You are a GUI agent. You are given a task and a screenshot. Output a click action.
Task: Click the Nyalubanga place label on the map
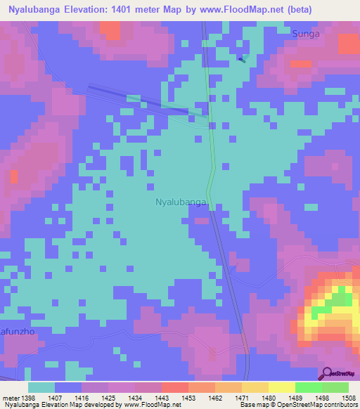point(181,202)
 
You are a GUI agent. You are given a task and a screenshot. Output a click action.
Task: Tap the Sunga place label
point(306,33)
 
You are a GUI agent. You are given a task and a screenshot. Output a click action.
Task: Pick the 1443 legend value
point(162,398)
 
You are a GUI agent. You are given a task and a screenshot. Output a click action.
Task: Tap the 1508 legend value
point(349,398)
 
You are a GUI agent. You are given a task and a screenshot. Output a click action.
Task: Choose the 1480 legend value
point(269,398)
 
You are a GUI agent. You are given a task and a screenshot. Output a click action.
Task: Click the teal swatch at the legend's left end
point(41,387)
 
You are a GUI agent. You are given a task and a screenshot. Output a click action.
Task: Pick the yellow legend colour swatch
point(281,387)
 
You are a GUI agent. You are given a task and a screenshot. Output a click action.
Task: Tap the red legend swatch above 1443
point(174,387)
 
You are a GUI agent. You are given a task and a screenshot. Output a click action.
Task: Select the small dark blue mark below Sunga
point(242,59)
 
